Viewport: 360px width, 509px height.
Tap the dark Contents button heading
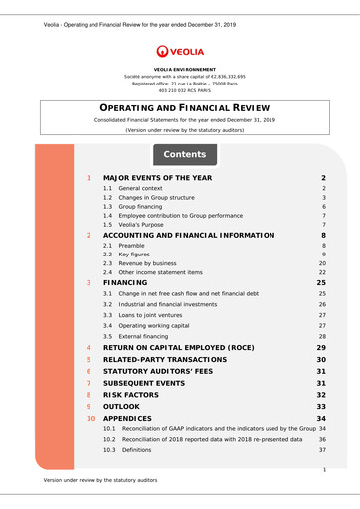[x=184, y=155]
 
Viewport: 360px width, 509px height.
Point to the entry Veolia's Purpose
[x=147, y=225]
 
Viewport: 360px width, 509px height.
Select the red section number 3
[x=89, y=283]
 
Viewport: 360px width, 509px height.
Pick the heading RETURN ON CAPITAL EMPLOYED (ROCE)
[x=195, y=347]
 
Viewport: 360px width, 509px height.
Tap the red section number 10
[x=90, y=419]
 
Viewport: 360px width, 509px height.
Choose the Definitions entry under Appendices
[x=136, y=450]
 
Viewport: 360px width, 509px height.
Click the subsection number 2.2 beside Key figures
[x=108, y=254]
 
